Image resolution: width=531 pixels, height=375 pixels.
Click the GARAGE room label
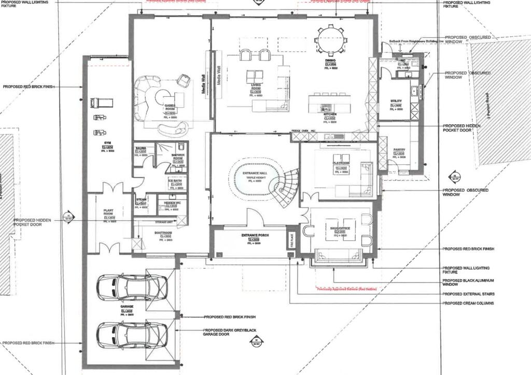click(127, 307)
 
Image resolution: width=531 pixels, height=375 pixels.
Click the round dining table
click(330, 39)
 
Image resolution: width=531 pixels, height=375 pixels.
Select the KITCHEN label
click(330, 114)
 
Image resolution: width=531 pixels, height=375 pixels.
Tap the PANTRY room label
click(399, 150)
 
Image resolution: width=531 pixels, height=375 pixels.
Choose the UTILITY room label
click(396, 102)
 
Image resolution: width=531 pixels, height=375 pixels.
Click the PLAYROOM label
click(341, 163)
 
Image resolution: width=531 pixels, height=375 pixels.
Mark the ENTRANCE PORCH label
click(254, 236)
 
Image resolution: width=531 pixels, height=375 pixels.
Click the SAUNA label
click(141, 148)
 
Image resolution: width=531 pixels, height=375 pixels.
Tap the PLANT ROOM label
click(109, 212)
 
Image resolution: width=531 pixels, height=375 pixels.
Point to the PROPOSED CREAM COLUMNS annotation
click(468, 303)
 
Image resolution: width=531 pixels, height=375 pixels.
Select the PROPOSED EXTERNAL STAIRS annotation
click(468, 294)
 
